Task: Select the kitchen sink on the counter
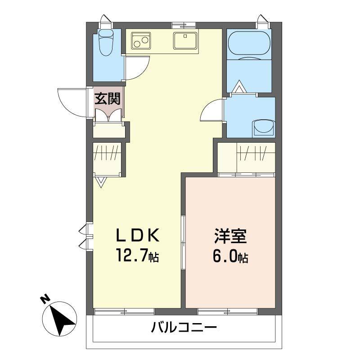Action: [x=184, y=41]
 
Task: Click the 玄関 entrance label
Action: [x=107, y=98]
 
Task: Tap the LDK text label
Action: [x=138, y=235]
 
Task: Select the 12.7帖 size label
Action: [x=138, y=257]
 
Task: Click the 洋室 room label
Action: [x=229, y=236]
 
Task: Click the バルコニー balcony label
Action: [x=184, y=327]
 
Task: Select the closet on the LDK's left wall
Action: [x=107, y=158]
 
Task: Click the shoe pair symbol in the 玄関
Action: [x=108, y=114]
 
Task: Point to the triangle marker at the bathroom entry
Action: [x=238, y=86]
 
